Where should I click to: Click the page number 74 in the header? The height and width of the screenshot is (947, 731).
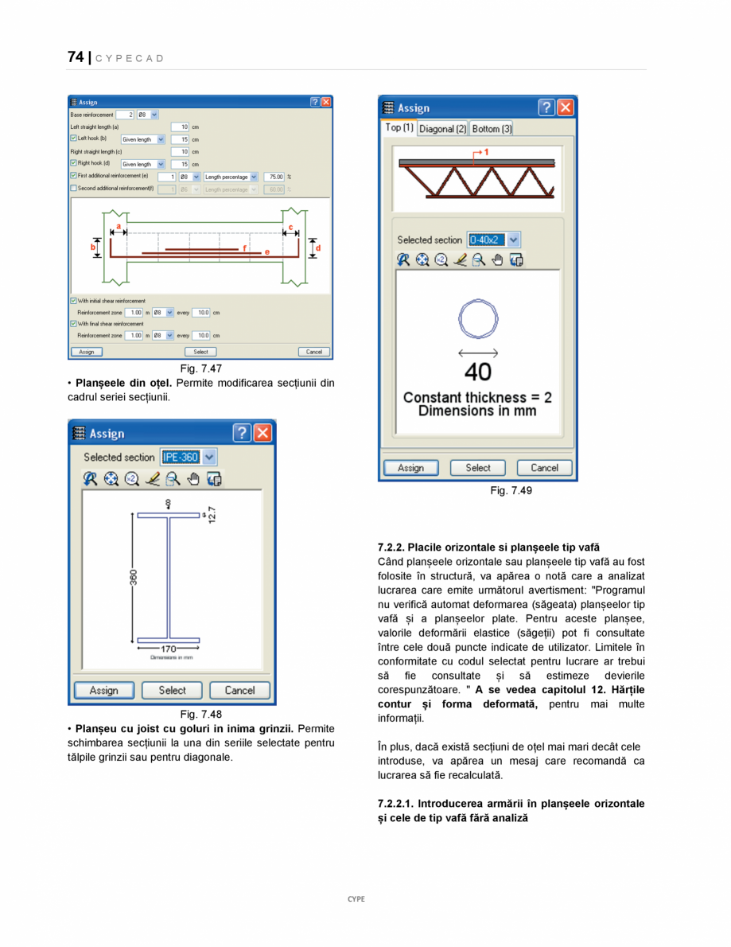coord(76,57)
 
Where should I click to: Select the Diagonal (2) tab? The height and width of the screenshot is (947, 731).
coord(442,128)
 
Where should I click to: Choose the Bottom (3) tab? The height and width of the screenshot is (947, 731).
coord(492,128)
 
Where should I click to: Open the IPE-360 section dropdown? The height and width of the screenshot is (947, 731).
coord(208,457)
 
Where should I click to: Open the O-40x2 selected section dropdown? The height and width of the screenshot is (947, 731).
coord(513,240)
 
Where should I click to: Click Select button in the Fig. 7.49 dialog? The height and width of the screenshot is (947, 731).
coord(478,468)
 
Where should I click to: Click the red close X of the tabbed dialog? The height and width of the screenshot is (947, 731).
coord(566,107)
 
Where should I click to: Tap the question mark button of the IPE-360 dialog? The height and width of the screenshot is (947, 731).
coord(243,433)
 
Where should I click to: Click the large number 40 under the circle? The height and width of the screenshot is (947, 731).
coord(477,371)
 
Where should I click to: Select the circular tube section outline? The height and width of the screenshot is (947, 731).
coord(477,320)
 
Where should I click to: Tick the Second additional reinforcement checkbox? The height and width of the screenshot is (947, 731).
coord(73,189)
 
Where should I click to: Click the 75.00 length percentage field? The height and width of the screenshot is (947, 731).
coord(274,177)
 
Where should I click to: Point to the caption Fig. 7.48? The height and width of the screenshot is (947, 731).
coord(200,714)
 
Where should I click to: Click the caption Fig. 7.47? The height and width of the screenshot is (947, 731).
coord(200,368)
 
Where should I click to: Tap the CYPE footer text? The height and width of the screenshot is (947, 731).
coord(356,898)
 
